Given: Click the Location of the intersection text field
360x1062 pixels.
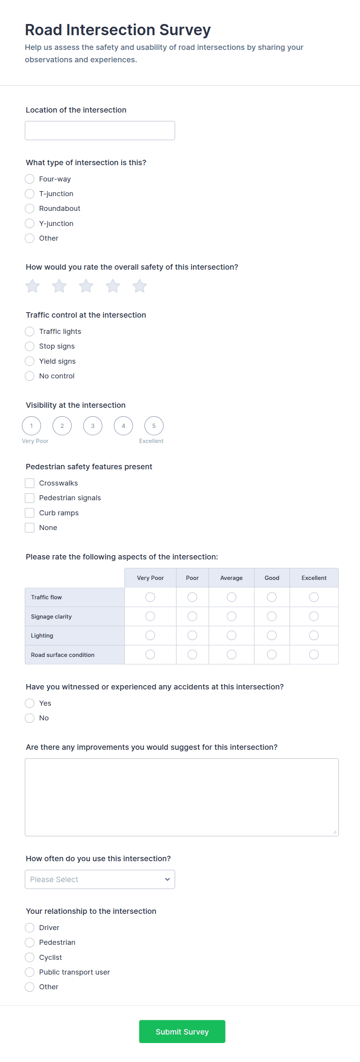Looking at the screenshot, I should [100, 131].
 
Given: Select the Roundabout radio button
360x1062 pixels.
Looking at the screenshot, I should [30, 209].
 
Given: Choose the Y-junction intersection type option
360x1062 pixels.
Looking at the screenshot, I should [30, 224].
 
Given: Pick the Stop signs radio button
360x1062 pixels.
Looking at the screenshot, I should [30, 346].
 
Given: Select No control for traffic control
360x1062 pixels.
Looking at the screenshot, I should [30, 376].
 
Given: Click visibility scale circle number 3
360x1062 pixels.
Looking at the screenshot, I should [93, 426].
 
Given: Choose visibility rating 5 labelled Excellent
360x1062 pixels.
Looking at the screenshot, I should [154, 426].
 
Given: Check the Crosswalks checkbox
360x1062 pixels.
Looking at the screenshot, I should [30, 483].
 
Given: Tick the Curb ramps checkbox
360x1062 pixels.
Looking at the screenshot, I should [30, 513].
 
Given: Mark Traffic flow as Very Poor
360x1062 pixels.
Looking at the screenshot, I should [150, 597].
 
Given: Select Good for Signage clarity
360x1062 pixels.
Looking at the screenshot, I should [272, 616].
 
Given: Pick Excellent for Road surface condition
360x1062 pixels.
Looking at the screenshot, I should [314, 655].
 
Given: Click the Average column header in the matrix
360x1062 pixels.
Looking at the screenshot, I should [231, 578].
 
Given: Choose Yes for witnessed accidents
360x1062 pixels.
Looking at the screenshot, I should [30, 703].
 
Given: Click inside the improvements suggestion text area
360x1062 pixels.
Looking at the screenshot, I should [182, 797].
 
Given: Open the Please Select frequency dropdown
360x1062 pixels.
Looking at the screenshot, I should [100, 879].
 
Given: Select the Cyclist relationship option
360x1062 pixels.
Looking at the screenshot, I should [30, 957].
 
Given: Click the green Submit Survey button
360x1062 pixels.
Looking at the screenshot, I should [182, 1031].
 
